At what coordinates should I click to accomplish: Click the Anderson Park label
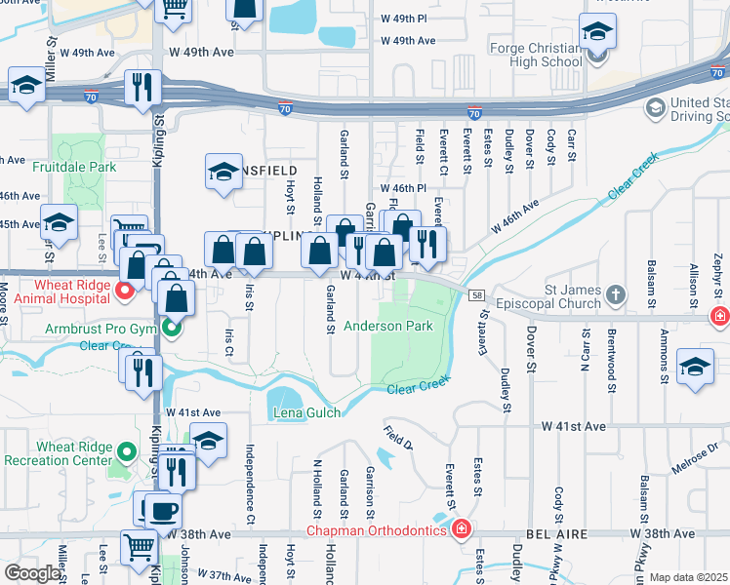click(387, 327)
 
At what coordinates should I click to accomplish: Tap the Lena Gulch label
click(306, 413)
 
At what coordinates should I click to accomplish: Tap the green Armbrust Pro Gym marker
click(173, 329)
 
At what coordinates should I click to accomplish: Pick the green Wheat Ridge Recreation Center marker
click(125, 452)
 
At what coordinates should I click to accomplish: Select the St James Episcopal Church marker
click(615, 293)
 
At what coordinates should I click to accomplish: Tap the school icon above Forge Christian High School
click(596, 34)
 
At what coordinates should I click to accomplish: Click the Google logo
click(31, 573)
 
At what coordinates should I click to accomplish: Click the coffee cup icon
click(163, 510)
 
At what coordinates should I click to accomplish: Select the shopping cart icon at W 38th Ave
click(141, 548)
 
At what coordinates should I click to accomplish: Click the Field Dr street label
click(397, 443)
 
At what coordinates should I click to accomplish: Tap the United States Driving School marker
click(654, 105)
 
